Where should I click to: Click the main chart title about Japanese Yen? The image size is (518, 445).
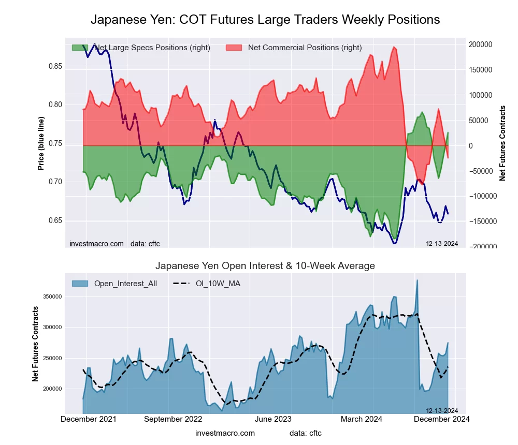point(265,20)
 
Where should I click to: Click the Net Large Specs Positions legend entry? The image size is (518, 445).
point(152,48)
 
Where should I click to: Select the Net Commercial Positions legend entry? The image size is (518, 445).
point(305,48)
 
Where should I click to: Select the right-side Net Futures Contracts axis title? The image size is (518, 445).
point(502,143)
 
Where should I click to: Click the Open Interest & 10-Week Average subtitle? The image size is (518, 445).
point(265,266)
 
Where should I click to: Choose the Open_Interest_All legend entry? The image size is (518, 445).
point(125,283)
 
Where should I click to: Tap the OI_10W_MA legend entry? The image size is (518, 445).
point(218,283)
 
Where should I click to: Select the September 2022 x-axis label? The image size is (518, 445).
point(173,419)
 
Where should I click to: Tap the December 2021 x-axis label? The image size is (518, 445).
point(89,419)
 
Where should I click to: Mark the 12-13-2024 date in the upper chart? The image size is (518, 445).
point(442,244)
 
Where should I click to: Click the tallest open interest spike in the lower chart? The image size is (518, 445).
point(417,280)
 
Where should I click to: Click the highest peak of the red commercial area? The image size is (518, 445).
point(394,48)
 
